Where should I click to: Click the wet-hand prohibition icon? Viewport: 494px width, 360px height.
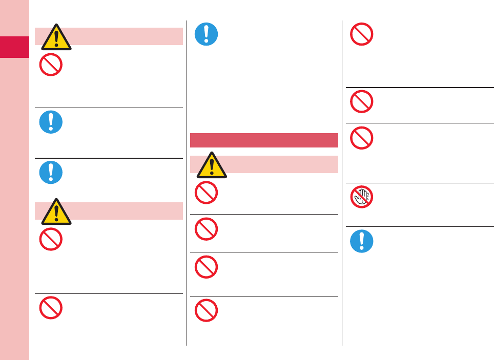(x=362, y=197)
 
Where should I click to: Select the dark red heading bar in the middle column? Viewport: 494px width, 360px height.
(x=264, y=140)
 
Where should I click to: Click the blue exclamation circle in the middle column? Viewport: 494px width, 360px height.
(x=207, y=34)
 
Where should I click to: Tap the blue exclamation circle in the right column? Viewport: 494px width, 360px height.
(x=362, y=241)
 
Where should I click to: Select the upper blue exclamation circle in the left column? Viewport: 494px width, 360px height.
(x=51, y=122)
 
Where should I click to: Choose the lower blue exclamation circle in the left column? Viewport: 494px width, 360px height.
(x=51, y=173)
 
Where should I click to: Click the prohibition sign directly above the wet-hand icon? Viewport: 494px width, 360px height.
(x=362, y=138)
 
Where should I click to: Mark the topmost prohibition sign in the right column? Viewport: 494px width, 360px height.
(x=362, y=34)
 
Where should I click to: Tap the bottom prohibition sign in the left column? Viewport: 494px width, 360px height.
(x=51, y=308)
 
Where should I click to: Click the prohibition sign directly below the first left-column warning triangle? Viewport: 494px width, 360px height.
(x=51, y=65)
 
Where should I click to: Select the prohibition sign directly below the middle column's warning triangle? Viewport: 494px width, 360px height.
(x=207, y=193)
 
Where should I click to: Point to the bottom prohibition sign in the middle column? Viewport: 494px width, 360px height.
(x=207, y=310)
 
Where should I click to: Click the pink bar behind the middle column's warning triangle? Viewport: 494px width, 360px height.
(x=282, y=164)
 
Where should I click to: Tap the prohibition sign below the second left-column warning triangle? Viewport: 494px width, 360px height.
(x=51, y=239)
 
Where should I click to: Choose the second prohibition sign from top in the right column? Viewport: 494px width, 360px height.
(x=362, y=101)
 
